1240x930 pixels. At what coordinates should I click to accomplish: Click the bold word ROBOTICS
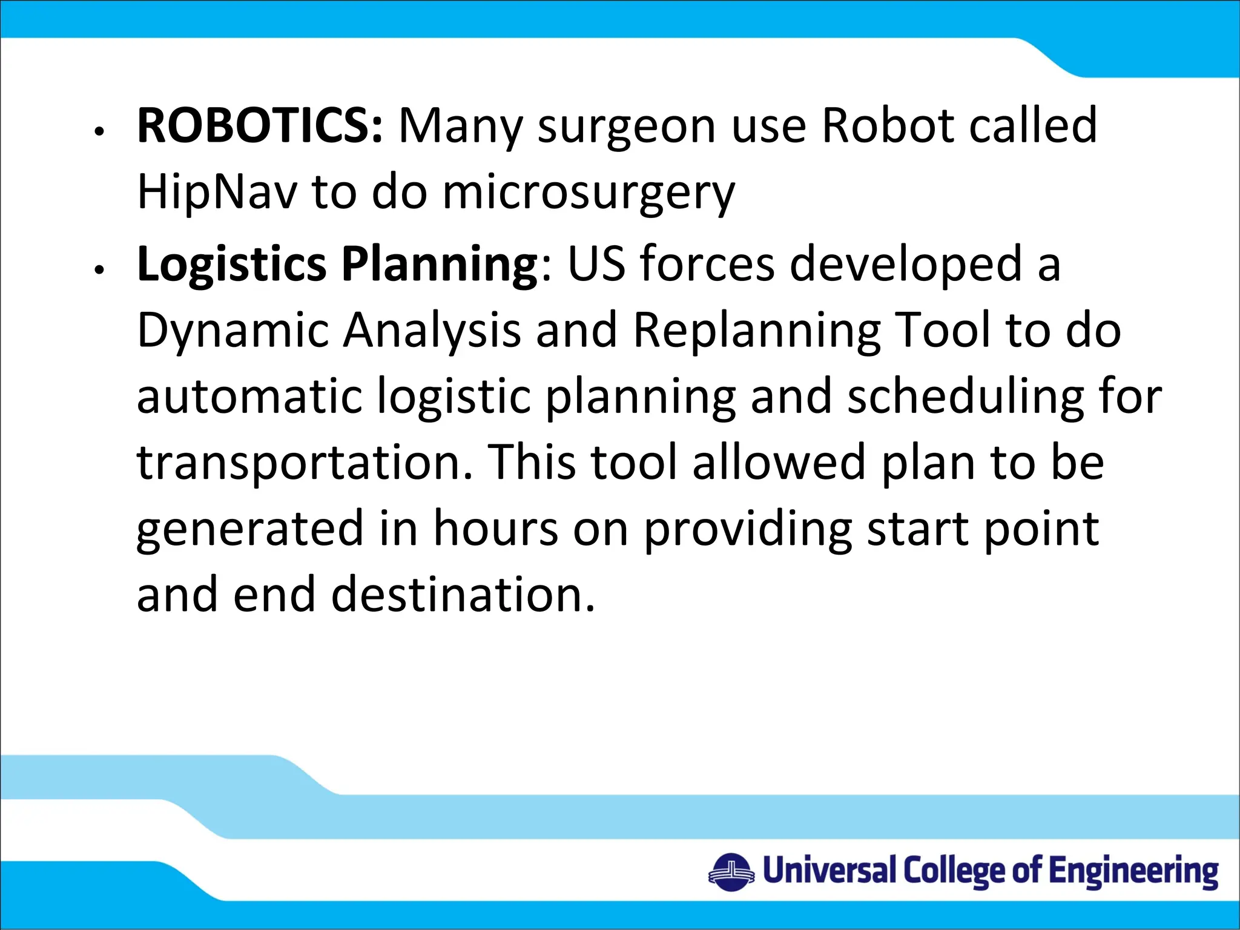pyautogui.click(x=259, y=126)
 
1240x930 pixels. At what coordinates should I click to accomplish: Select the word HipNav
pyautogui.click(x=217, y=192)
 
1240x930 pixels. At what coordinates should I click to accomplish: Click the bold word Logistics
pyautogui.click(x=232, y=265)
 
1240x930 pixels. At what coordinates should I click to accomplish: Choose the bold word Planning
pyautogui.click(x=439, y=265)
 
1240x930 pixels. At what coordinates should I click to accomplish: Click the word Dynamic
pyautogui.click(x=233, y=331)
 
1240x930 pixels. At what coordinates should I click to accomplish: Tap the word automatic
pyautogui.click(x=249, y=397)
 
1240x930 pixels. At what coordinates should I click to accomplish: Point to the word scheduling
pyautogui.click(x=965, y=398)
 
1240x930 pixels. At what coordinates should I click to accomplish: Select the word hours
pyautogui.click(x=495, y=529)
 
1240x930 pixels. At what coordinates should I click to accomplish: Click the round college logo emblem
pyautogui.click(x=731, y=872)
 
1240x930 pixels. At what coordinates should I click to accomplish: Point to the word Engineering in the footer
pyautogui.click(x=1133, y=872)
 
